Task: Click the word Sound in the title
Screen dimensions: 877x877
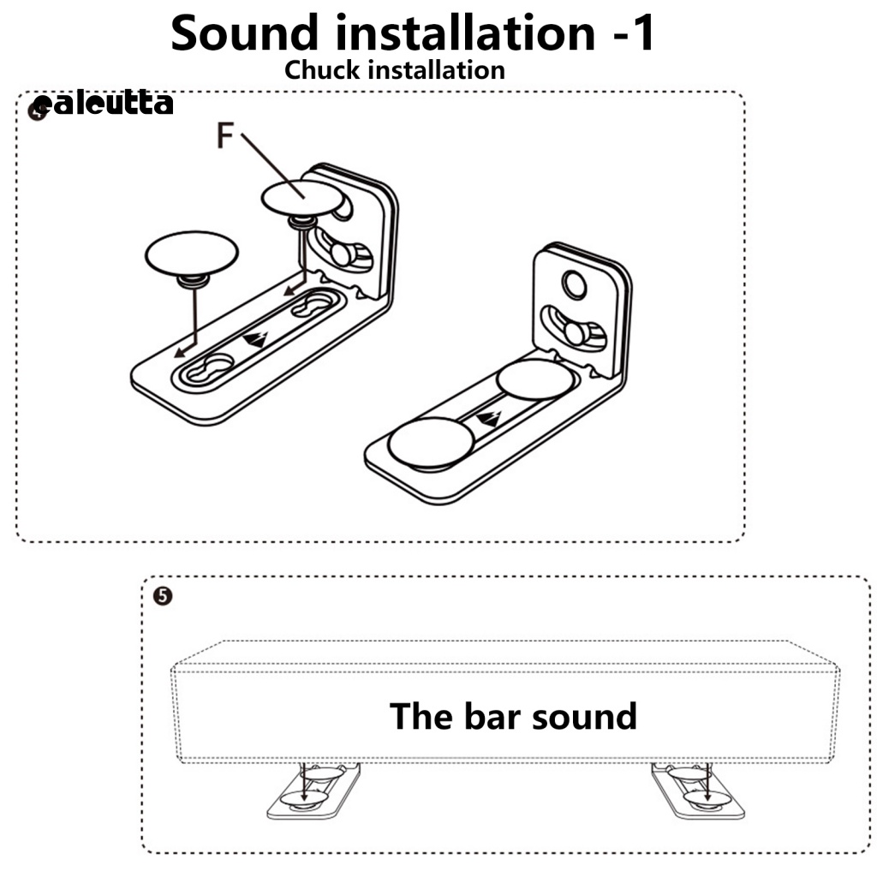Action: (244, 33)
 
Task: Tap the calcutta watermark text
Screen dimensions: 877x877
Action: (103, 104)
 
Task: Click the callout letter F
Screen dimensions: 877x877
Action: (224, 136)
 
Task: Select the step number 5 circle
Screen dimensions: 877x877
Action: (162, 596)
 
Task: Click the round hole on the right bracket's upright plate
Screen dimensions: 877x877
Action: (574, 285)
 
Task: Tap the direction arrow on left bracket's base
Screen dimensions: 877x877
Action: (255, 339)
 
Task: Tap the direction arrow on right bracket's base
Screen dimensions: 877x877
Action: (487, 418)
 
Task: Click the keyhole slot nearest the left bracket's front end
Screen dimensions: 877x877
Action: (211, 368)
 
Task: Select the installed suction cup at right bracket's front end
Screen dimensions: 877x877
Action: (431, 443)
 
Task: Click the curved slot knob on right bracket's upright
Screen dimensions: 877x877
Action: (575, 333)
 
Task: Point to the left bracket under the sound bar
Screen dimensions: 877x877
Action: (313, 790)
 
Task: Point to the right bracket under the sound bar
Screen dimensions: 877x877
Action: (698, 790)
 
